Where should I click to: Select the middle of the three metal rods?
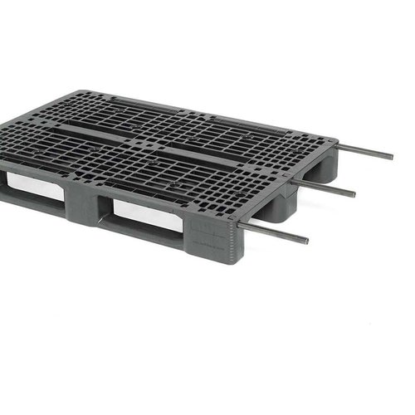324,185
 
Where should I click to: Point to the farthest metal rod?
365,151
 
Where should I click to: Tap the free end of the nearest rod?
306,242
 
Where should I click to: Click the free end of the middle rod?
354,195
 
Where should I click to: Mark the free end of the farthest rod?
392,158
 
